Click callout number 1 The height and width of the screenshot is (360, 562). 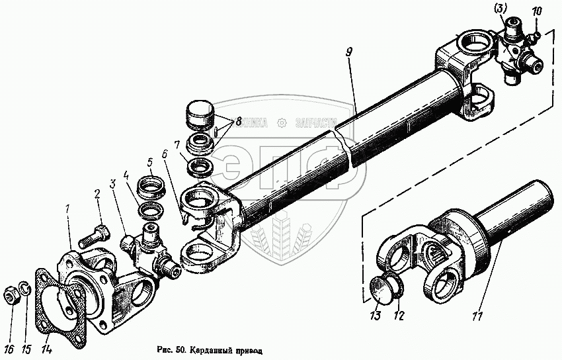[69, 210]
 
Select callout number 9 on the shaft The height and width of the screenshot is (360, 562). [348, 52]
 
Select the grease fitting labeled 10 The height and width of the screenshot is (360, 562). [538, 36]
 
